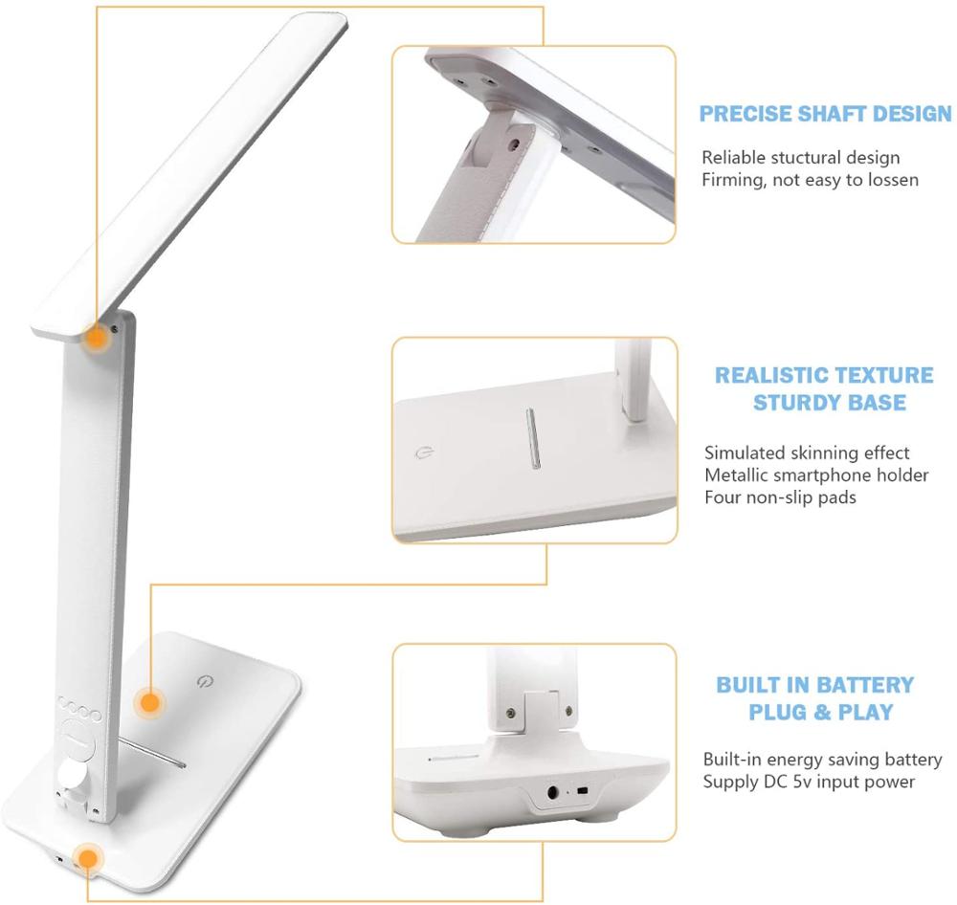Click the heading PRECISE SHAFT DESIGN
[x=825, y=114]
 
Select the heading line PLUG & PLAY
[x=820, y=712]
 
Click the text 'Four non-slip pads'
[x=780, y=497]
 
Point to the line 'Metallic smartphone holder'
[x=816, y=475]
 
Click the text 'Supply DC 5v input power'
[x=809, y=782]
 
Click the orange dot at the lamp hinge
[x=96, y=338]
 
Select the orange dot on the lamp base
[x=148, y=703]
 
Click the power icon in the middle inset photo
[x=425, y=453]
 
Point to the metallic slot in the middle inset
[x=532, y=441]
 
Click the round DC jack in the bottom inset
[x=552, y=792]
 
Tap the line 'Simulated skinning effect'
[x=807, y=452]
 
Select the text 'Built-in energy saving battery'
[x=822, y=760]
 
